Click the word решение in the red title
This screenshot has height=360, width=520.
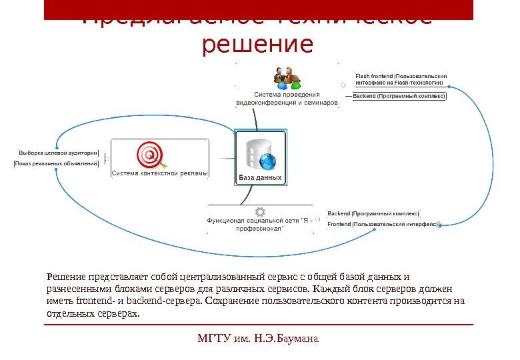257,45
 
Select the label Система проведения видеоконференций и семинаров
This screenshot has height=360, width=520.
287,99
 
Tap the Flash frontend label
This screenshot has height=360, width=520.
401,79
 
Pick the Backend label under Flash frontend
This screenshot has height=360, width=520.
399,96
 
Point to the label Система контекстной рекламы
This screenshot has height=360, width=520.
160,173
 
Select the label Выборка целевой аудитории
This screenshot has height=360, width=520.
59,152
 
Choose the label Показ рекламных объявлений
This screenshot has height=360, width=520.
57,163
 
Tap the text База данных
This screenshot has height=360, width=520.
261,178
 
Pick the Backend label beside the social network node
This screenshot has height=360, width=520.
373,213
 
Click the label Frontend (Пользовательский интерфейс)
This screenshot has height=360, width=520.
383,225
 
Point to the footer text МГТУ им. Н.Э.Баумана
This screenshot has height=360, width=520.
259,338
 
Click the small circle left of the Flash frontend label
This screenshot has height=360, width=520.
343,85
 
